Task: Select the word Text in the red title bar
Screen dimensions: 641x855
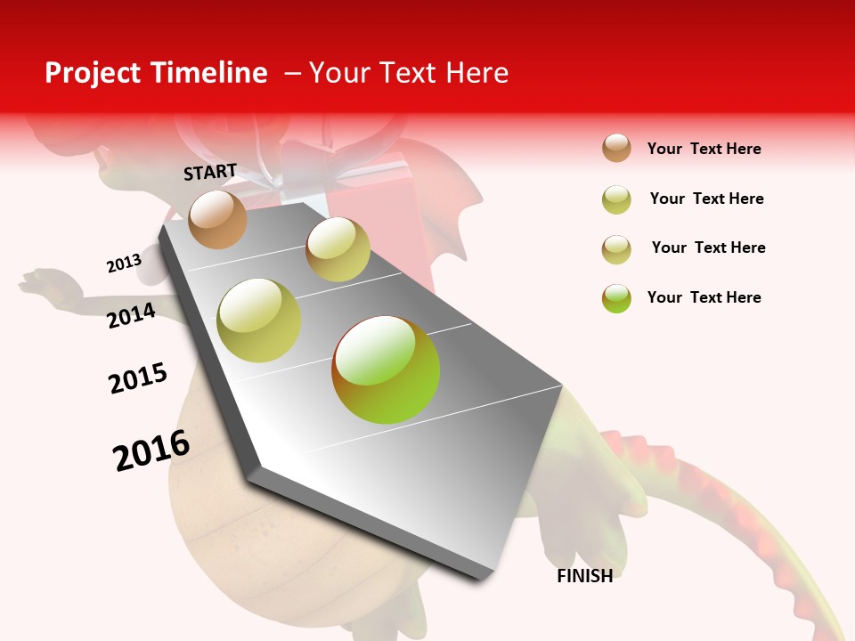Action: pyautogui.click(x=406, y=73)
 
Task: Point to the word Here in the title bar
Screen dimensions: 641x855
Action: pyautogui.click(x=476, y=73)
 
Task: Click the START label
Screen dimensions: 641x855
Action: pyautogui.click(x=210, y=172)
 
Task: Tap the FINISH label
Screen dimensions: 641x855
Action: pyautogui.click(x=584, y=576)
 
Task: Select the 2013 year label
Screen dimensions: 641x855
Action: pyautogui.click(x=124, y=264)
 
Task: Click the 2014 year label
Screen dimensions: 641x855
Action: pyautogui.click(x=131, y=315)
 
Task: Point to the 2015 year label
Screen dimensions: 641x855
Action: pyautogui.click(x=138, y=379)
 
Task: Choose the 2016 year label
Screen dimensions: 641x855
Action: pyautogui.click(x=151, y=450)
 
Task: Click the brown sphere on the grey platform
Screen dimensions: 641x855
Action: pyautogui.click(x=218, y=219)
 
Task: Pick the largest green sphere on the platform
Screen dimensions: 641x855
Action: pyautogui.click(x=386, y=369)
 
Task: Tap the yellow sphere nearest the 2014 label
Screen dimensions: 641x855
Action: pyautogui.click(x=259, y=320)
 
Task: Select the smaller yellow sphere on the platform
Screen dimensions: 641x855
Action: pyautogui.click(x=338, y=249)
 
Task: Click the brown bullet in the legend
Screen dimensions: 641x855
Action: pyautogui.click(x=616, y=149)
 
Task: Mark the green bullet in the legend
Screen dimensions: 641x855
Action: pyautogui.click(x=616, y=298)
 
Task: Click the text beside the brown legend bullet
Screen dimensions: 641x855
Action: pyautogui.click(x=704, y=149)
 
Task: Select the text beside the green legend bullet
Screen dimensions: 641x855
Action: pyautogui.click(x=704, y=297)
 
